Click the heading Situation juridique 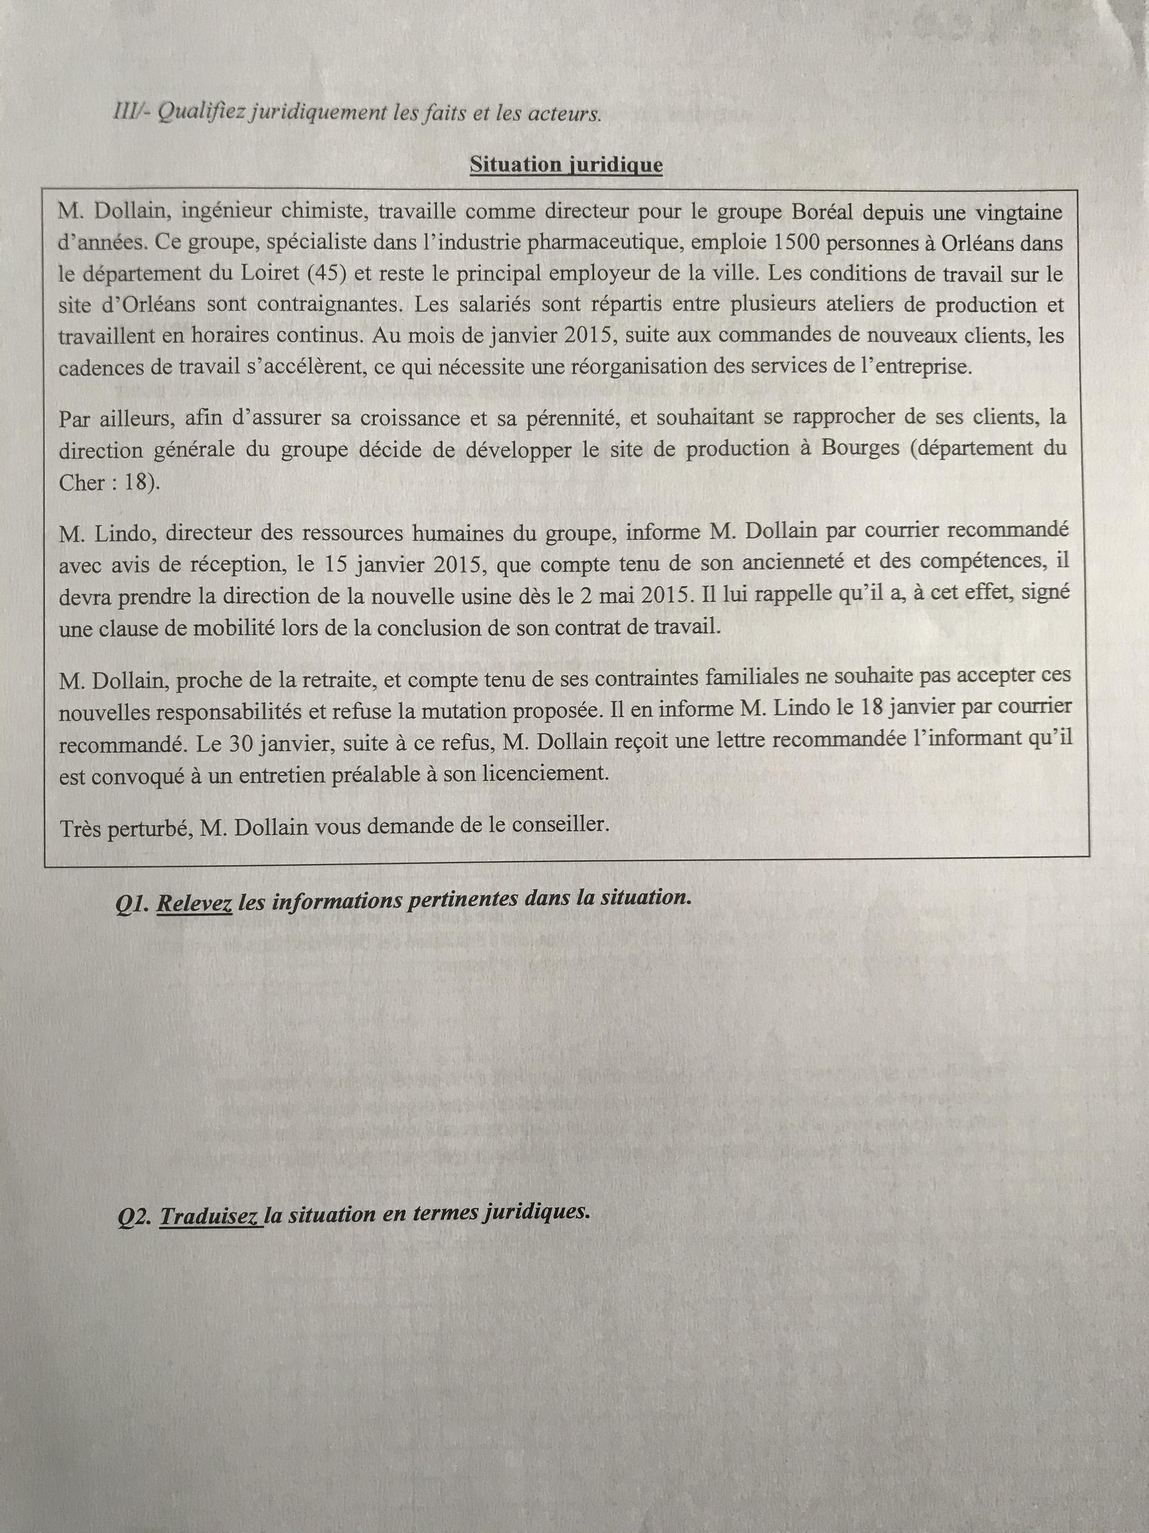coord(566,165)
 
